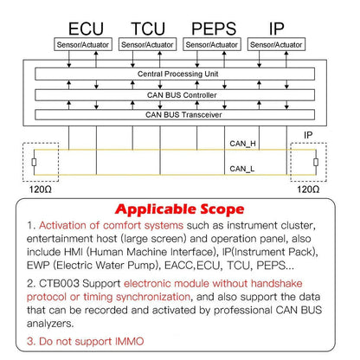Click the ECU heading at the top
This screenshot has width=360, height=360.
click(86, 29)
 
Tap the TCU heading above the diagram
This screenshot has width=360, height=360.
click(148, 29)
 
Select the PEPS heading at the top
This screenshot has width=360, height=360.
click(214, 29)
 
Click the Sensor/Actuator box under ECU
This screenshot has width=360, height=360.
click(83, 45)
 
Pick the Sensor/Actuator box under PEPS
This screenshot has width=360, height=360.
click(212, 45)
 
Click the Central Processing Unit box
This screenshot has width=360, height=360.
click(175, 74)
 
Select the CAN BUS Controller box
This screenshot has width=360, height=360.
click(175, 95)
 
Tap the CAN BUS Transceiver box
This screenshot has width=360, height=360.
click(175, 114)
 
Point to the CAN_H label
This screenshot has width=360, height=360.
click(242, 144)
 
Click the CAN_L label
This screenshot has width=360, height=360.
click(242, 169)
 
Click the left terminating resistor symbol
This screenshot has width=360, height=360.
click(34, 162)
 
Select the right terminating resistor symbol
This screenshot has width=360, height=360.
click(316, 162)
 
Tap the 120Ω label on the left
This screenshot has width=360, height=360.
click(41, 190)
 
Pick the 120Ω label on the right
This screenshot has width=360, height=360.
click(308, 190)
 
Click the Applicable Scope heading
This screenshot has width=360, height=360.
click(179, 209)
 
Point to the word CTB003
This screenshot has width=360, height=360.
click(59, 284)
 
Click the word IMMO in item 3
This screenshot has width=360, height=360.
click(129, 342)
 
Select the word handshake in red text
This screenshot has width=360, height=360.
click(276, 284)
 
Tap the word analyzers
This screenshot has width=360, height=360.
click(50, 324)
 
